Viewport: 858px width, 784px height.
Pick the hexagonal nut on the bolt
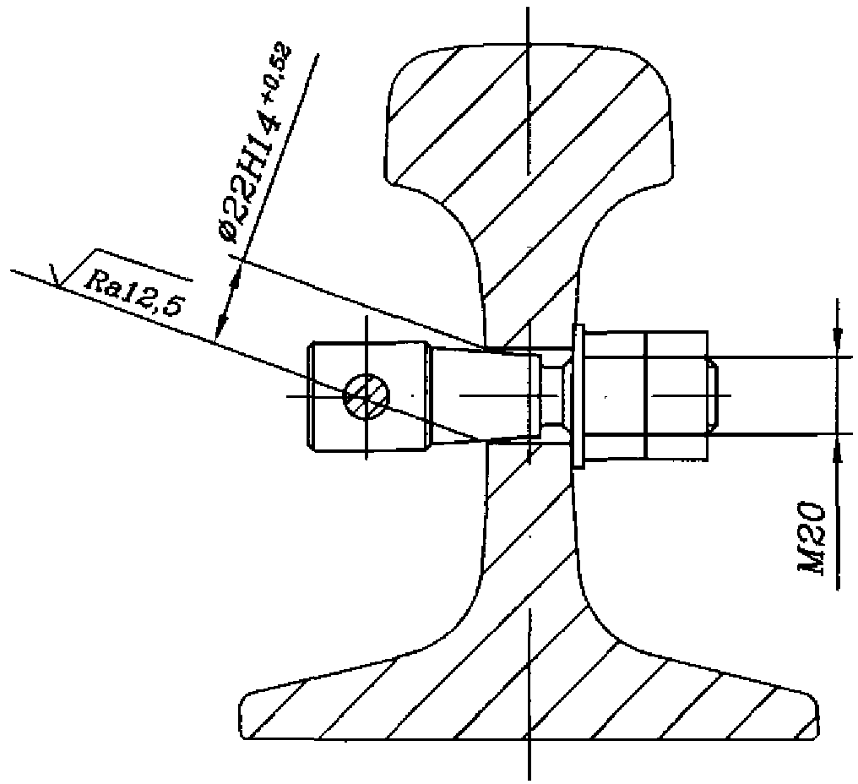tap(645, 395)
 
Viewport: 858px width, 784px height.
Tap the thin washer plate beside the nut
tap(578, 395)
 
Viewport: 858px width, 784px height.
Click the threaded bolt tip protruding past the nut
tap(712, 395)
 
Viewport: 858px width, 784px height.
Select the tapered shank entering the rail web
tap(486, 395)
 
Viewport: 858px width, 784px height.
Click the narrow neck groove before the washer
tap(553, 395)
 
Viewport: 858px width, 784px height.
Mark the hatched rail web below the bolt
tap(530, 541)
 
